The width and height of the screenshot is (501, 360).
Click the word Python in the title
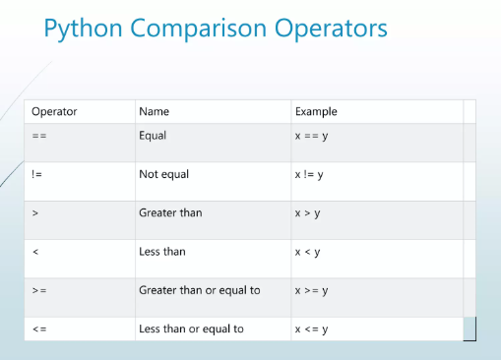click(x=84, y=29)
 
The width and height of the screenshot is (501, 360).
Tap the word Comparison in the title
click(x=199, y=29)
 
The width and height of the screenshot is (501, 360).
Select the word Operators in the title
click(x=331, y=29)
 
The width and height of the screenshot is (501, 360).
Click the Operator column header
click(x=54, y=112)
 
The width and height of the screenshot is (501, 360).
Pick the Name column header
click(x=155, y=111)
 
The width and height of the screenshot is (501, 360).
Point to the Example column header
click(x=316, y=112)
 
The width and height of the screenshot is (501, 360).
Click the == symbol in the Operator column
click(x=39, y=136)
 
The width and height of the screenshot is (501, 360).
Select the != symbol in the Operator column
click(x=36, y=174)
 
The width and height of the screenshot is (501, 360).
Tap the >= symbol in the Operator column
click(x=39, y=290)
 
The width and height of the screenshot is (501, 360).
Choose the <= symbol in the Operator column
click(x=39, y=329)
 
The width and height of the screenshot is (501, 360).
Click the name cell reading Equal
click(x=153, y=136)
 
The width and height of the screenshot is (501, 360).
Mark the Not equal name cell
click(x=164, y=174)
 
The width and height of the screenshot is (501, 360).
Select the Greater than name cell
click(x=170, y=212)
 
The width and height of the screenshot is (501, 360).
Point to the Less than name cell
click(x=162, y=252)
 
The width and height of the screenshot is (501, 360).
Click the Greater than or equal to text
click(x=200, y=290)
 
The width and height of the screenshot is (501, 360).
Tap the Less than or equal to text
click(x=192, y=329)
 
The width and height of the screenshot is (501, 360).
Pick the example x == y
click(x=312, y=136)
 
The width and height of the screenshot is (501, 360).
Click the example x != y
click(x=309, y=175)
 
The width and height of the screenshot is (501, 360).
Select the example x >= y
click(x=312, y=291)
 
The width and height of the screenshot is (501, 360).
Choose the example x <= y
click(x=312, y=330)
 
